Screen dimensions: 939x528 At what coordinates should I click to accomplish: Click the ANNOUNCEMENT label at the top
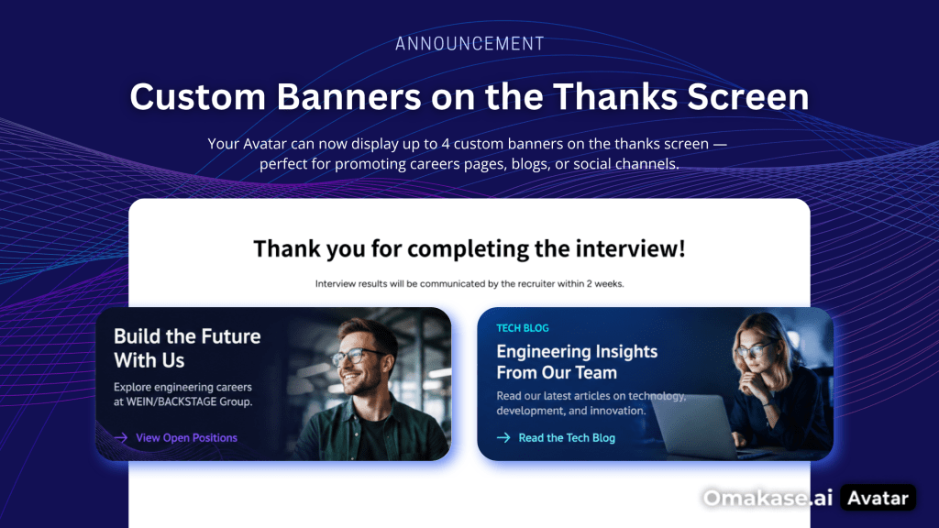pos(469,44)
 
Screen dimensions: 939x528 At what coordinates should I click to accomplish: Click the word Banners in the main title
pos(348,96)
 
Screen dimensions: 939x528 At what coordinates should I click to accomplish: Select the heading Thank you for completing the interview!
pos(469,248)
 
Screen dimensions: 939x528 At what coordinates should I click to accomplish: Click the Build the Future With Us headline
pos(187,348)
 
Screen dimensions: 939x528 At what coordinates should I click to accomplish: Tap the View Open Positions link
pos(186,437)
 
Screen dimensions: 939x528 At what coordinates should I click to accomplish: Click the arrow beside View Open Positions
pos(121,437)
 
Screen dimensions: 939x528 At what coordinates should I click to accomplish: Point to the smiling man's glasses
pos(356,357)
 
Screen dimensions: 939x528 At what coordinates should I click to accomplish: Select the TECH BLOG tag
pos(522,328)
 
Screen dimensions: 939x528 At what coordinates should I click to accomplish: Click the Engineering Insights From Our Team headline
pos(577,361)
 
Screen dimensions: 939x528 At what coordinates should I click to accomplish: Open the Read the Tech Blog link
pos(567,437)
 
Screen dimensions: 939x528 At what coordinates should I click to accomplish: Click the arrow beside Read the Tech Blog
pos(503,437)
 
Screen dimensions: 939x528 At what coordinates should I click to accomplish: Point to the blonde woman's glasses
pos(755,349)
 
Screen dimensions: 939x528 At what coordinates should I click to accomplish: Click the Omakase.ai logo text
pos(768,498)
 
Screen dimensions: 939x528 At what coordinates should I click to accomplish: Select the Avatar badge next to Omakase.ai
pos(878,498)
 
